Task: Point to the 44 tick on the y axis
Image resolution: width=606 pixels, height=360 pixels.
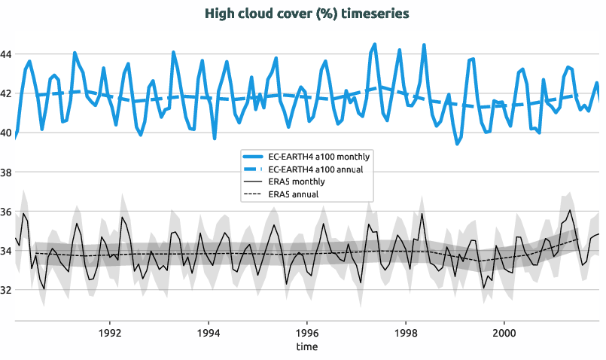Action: (6, 54)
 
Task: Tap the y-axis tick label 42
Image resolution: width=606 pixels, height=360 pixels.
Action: (6, 93)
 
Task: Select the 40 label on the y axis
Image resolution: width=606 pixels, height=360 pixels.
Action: (6, 133)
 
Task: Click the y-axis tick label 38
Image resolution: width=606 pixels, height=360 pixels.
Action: (6, 172)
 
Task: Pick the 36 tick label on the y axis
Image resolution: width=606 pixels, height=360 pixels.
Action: (6, 212)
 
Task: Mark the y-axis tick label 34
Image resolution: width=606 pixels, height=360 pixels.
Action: (6, 251)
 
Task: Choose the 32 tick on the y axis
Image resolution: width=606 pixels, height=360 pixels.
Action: (6, 290)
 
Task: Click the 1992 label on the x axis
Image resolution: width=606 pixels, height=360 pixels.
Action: (110, 332)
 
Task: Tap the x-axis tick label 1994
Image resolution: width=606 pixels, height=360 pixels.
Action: (209, 332)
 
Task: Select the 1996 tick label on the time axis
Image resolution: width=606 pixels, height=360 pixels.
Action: (307, 332)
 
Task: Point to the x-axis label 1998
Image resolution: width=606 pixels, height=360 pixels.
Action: (406, 332)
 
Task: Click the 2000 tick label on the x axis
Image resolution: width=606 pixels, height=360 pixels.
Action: (504, 332)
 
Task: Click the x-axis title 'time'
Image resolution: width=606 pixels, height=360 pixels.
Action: (306, 346)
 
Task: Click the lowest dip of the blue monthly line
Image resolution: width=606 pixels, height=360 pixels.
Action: (456, 143)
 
